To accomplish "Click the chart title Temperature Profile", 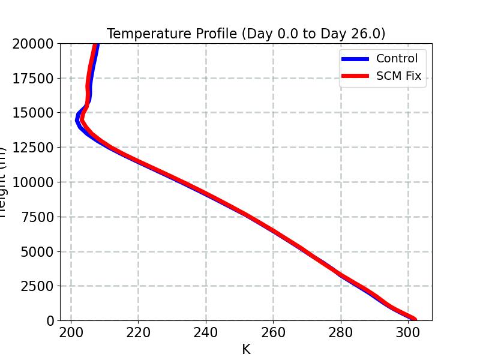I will pyautogui.click(x=246, y=34).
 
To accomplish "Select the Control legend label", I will pyautogui.click(x=397, y=59).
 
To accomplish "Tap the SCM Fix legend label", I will pyautogui.click(x=398, y=76).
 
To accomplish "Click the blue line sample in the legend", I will pyautogui.click(x=355, y=59).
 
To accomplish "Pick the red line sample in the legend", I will pyautogui.click(x=355, y=76).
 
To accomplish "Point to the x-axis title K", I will pyautogui.click(x=246, y=349).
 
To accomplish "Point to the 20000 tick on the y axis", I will pyautogui.click(x=34, y=43).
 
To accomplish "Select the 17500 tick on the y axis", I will pyautogui.click(x=34, y=78).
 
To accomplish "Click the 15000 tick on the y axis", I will pyautogui.click(x=34, y=113).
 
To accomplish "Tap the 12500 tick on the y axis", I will pyautogui.click(x=34, y=148).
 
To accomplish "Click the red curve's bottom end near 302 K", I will pyautogui.click(x=414, y=319).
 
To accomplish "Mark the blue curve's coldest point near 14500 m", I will pyautogui.click(x=77, y=120).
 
